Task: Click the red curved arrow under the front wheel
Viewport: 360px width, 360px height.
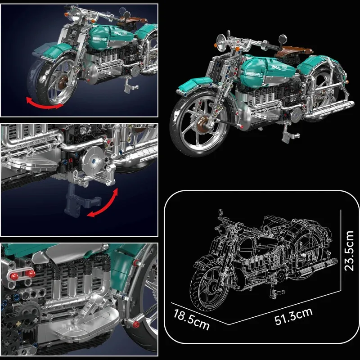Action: tap(44, 103)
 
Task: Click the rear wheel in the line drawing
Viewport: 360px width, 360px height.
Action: tap(310, 247)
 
